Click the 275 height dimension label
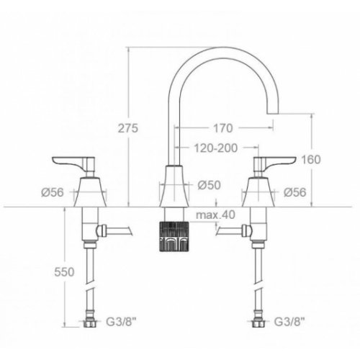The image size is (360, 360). (128, 128)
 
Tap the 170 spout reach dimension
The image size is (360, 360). (223, 128)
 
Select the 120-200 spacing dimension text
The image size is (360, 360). (215, 148)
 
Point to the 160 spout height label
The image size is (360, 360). (311, 160)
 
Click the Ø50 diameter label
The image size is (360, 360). (209, 185)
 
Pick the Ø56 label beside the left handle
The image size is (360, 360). (53, 192)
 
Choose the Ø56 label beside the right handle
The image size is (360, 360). (295, 192)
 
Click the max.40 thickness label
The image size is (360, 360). (215, 215)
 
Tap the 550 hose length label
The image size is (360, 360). (64, 272)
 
